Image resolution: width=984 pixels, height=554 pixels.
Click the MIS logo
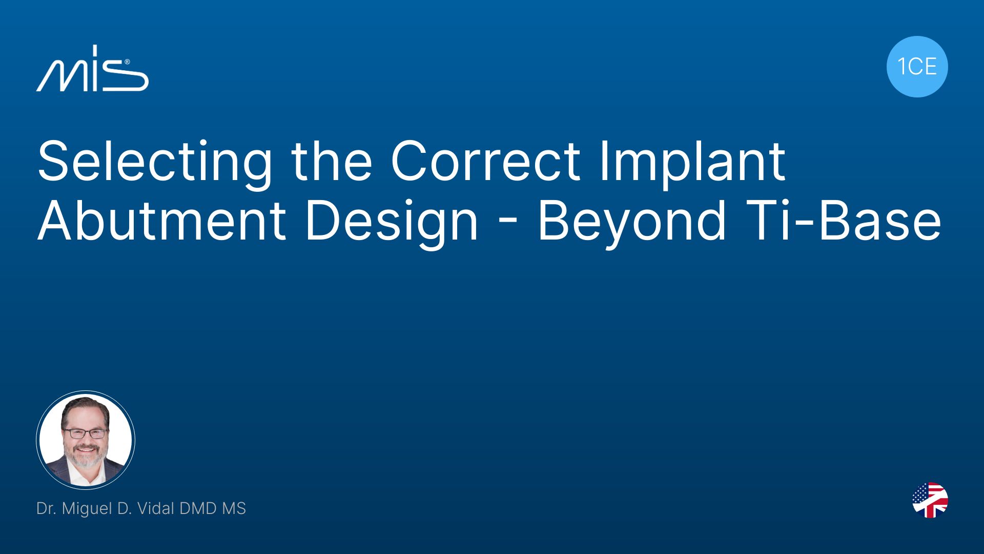click(92, 69)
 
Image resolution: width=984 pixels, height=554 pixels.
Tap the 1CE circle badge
click(917, 67)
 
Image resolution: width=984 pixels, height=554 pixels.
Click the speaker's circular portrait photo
click(86, 440)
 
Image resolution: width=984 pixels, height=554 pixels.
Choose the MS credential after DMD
click(234, 508)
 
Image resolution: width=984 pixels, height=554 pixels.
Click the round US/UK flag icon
click(930, 500)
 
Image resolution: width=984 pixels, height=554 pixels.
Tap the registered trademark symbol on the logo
click(127, 62)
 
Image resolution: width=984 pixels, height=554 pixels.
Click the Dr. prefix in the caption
click(47, 508)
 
